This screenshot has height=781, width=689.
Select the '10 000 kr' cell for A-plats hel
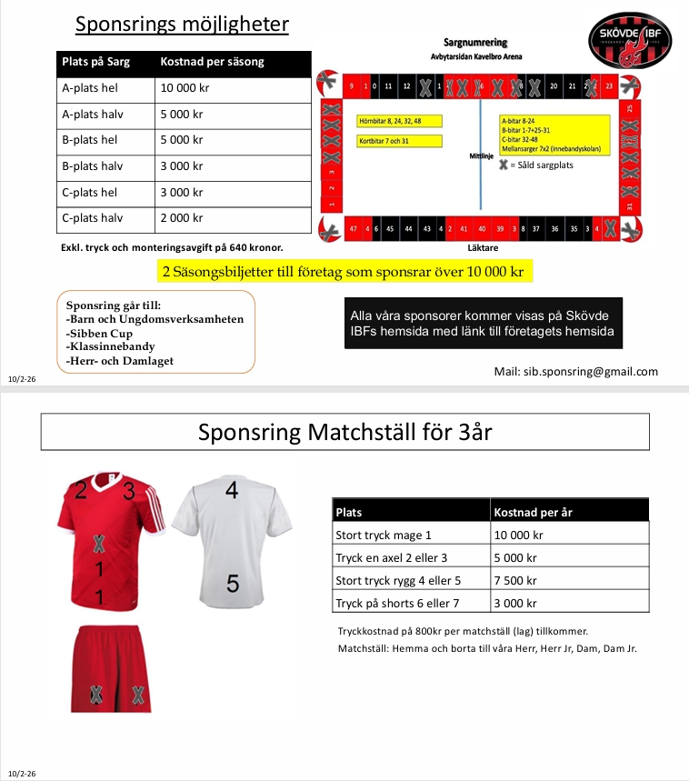tap(185, 88)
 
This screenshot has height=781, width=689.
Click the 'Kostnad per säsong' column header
tap(213, 62)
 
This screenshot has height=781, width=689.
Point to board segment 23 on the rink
tap(609, 86)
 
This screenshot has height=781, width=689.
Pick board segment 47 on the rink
tap(353, 229)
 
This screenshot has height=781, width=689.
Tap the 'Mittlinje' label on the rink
tap(479, 155)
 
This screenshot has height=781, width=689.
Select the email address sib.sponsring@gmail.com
tap(576, 371)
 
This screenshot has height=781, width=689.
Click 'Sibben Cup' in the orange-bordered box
tap(99, 333)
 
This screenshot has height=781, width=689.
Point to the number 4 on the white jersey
tap(232, 491)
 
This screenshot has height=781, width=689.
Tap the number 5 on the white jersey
tap(233, 584)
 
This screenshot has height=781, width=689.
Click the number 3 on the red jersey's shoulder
tap(128, 492)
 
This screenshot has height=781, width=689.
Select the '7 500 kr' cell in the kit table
tap(517, 580)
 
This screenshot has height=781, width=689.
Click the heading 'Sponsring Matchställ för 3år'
tap(344, 432)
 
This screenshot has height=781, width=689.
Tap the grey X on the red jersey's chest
tap(99, 544)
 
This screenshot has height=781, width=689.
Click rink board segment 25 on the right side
tap(630, 108)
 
